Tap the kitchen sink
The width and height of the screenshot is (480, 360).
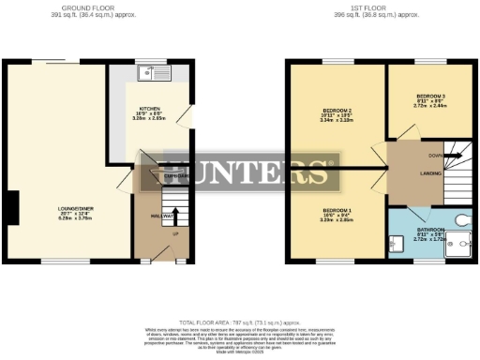(150, 72)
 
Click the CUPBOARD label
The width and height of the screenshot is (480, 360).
(153, 176)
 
